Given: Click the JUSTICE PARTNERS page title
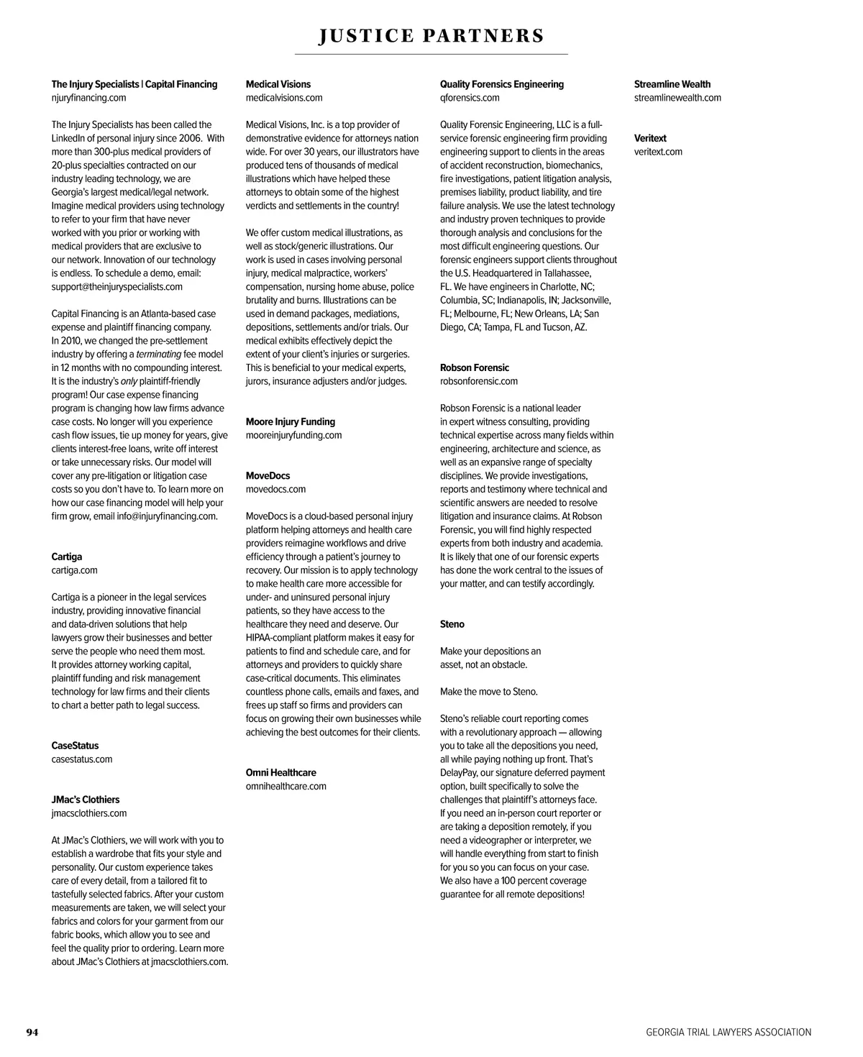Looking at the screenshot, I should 431,36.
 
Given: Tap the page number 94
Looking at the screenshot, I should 32,1033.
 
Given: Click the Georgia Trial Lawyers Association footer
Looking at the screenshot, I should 729,1033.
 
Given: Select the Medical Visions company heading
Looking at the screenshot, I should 278,84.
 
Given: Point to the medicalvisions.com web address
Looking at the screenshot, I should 284,98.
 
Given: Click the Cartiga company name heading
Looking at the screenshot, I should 67,557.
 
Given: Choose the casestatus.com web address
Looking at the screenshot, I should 82,759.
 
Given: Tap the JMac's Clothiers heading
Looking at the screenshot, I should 86,800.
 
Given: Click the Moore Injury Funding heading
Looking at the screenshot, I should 291,421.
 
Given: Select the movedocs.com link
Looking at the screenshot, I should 276,489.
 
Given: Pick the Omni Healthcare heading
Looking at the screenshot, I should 281,772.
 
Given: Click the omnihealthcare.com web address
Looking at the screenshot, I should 286,786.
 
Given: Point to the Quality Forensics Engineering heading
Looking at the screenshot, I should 502,84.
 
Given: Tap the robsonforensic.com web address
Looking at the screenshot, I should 479,381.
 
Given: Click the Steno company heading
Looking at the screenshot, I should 452,624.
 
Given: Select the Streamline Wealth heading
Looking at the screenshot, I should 672,84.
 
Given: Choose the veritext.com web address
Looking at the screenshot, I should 658,152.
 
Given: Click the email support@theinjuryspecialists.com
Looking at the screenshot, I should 117,286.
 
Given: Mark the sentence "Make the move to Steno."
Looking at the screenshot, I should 489,692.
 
